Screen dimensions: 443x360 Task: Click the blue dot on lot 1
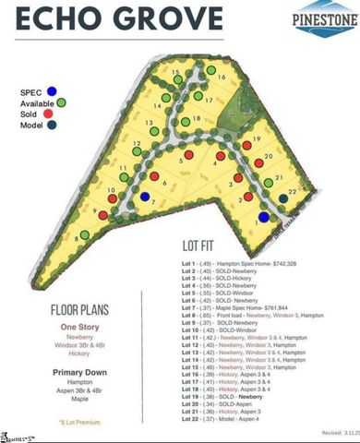click(x=263, y=218)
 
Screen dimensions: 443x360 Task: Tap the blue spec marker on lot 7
click(x=145, y=197)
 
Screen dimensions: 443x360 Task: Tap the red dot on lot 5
click(x=188, y=156)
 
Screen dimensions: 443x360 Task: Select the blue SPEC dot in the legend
click(x=53, y=91)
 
